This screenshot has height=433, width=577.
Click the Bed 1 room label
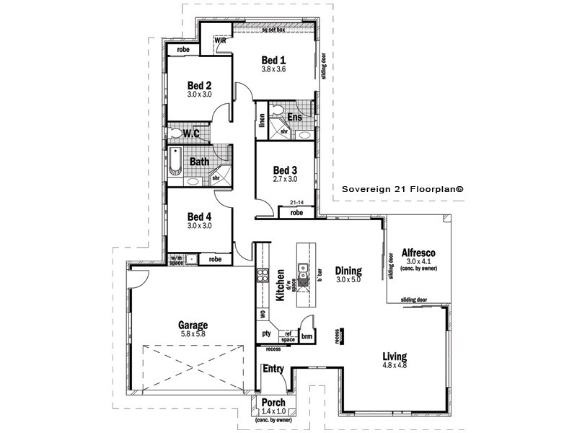tap(274, 59)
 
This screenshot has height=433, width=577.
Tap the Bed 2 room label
tap(199, 84)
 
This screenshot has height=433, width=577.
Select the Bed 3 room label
tap(285, 170)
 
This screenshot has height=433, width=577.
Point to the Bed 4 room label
tap(199, 216)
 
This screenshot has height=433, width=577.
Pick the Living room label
tap(395, 357)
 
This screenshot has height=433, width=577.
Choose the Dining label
tap(348, 271)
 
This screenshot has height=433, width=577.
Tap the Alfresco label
tap(418, 253)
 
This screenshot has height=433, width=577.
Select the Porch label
tap(273, 403)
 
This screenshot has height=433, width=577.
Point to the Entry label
tap(273, 369)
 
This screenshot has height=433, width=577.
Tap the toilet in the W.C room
tap(177, 134)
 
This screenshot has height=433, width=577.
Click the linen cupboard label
tap(260, 123)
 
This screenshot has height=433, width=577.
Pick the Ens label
tap(295, 116)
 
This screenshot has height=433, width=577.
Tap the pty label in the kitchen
tap(265, 333)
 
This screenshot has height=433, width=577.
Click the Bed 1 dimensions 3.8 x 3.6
tap(274, 69)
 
